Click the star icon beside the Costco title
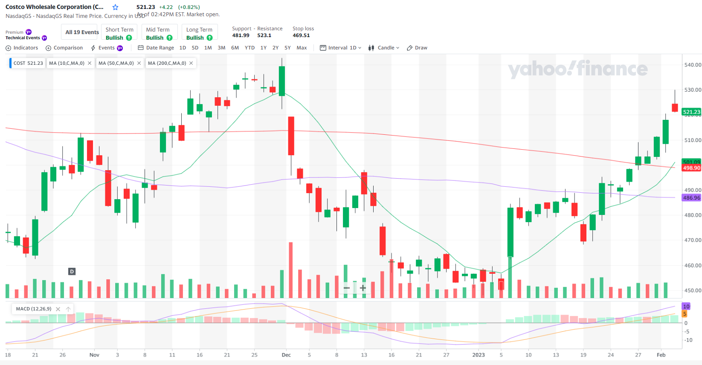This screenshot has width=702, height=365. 115,7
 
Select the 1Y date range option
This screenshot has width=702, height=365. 264,48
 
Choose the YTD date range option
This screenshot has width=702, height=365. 249,48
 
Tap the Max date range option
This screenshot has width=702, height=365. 302,48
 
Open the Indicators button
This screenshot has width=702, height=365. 22,48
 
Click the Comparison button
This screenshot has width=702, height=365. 64,48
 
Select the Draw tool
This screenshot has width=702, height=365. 417,48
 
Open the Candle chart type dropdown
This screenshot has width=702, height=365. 384,48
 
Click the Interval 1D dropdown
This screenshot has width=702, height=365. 341,48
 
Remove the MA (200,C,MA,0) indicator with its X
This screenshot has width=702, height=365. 191,63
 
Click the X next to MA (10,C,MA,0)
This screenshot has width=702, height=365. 90,63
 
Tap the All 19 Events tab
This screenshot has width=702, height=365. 82,32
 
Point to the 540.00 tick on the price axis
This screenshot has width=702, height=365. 693,65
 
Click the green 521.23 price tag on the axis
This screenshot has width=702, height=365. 691,112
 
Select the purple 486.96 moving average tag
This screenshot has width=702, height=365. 691,198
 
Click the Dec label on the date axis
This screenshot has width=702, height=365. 286,355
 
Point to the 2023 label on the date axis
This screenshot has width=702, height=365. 478,355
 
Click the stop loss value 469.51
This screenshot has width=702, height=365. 301,35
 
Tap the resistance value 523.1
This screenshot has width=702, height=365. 264,35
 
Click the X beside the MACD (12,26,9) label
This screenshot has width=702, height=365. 58,309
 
